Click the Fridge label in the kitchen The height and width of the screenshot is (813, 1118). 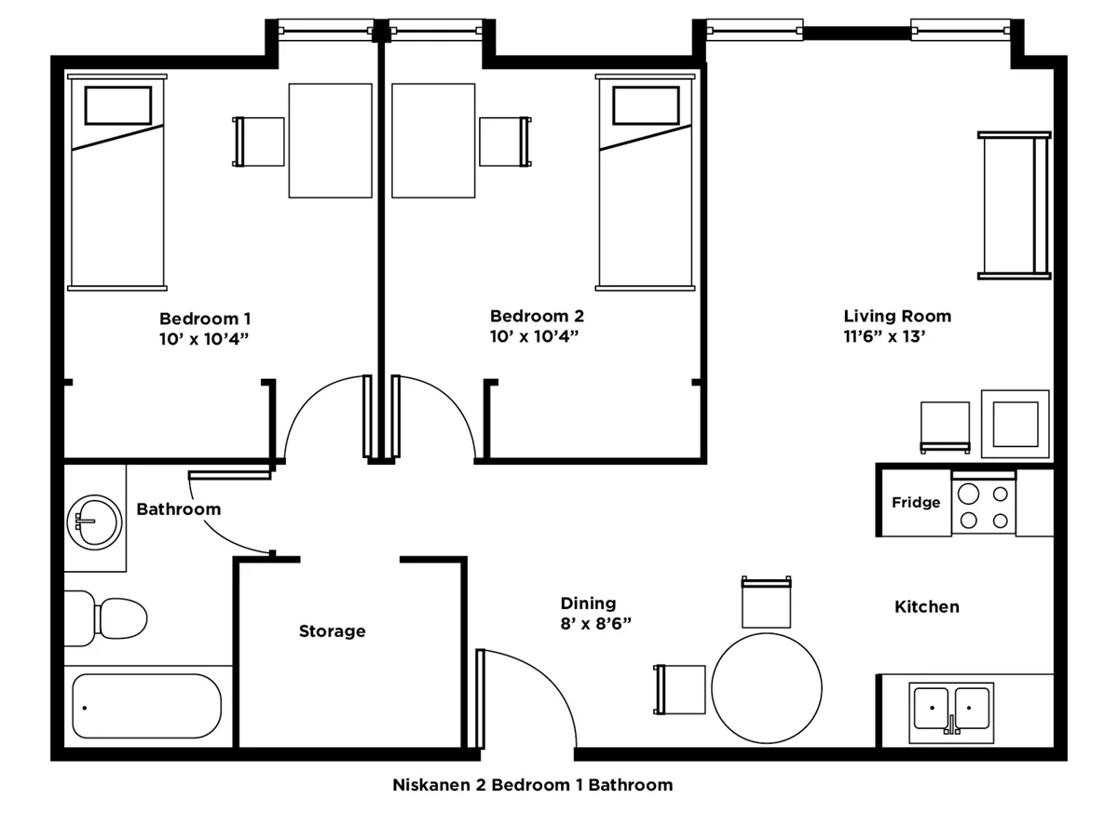(915, 503)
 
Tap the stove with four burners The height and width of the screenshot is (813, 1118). (984, 507)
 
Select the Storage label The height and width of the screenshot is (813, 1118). (332, 631)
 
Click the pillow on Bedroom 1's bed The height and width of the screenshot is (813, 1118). (118, 105)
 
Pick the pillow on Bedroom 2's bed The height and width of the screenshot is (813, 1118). (645, 105)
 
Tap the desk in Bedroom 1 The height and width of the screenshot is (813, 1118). (331, 141)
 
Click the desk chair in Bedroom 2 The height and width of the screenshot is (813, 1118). (505, 142)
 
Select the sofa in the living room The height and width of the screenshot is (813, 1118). (1014, 205)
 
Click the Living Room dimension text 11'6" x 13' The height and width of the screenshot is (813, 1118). (883, 337)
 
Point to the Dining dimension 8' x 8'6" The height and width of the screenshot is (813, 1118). (595, 623)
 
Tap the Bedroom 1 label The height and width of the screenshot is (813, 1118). (204, 317)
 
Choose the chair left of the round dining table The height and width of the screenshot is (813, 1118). (680, 689)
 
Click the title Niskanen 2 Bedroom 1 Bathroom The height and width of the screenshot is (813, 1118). (532, 784)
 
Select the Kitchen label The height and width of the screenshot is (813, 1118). (926, 607)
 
